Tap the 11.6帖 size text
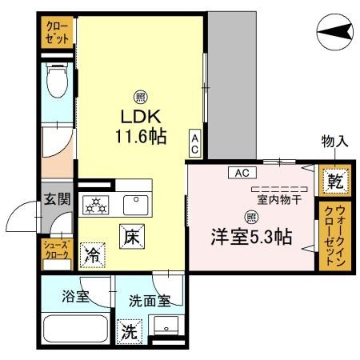pos(139,136)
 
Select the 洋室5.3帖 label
pos(250,237)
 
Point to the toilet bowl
pos(58,82)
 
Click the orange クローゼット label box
pos(58,34)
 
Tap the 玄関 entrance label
pos(57,200)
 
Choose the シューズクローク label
pos(57,250)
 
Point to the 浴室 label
pos(76,297)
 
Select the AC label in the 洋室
pos(239,172)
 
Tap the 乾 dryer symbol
pos(334,182)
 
